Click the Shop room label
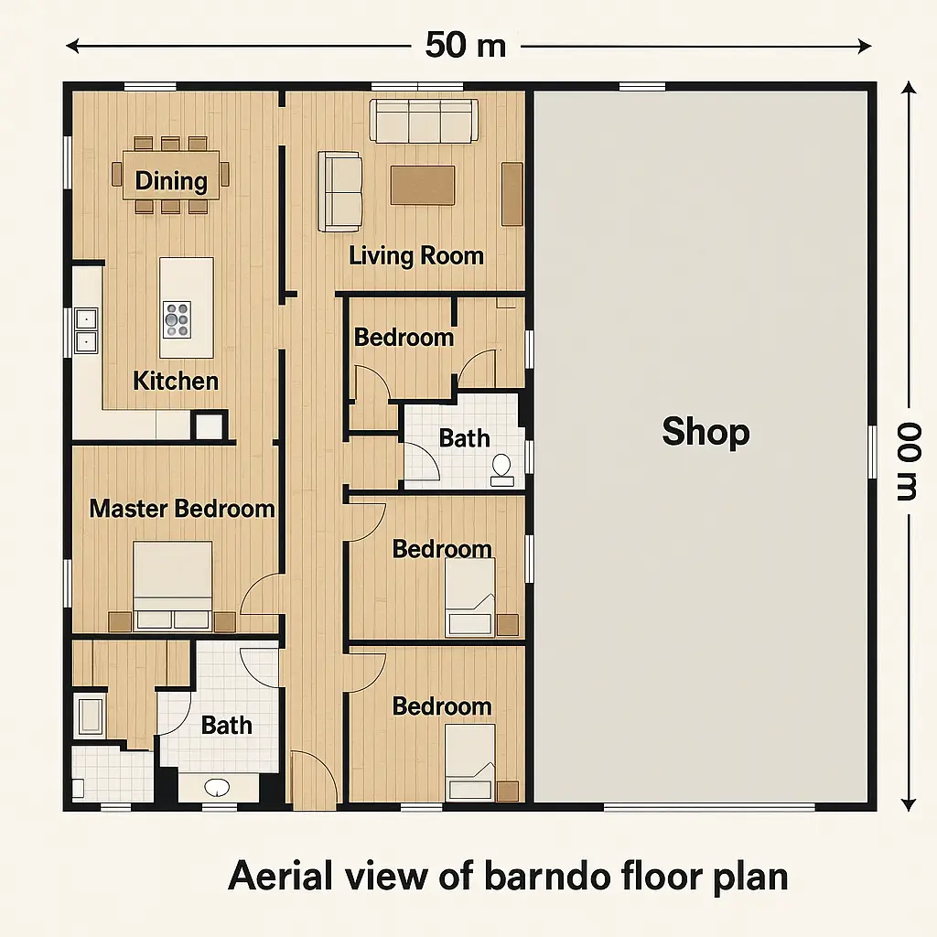point(705,432)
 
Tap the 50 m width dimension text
point(466,45)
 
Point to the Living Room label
point(416,256)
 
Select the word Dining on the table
point(171,181)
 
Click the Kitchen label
point(176,381)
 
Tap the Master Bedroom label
point(182,509)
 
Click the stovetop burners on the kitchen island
point(177,319)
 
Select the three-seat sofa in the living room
point(425,121)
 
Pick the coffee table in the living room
point(423,185)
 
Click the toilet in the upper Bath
point(501,470)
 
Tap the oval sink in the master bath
point(217,787)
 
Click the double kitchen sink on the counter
point(86,331)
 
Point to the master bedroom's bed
point(173,585)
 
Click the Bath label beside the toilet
point(464,438)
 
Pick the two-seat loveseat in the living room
point(339,191)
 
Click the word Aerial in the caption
point(280,876)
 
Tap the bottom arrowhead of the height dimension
point(909,805)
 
